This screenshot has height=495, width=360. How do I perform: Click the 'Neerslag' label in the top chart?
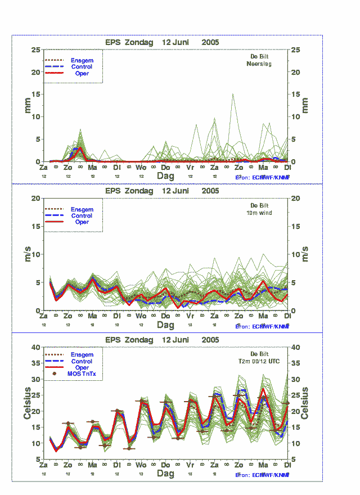pos(259,64)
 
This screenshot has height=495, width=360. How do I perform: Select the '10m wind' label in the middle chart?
pos(259,213)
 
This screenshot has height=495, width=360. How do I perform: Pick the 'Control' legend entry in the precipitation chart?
pos(82,67)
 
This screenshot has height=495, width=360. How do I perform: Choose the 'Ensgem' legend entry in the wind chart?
pos(82,209)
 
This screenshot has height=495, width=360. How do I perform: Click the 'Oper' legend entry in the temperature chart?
pos(82,368)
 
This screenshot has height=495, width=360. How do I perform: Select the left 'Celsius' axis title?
pos(27,403)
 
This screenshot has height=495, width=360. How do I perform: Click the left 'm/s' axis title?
pos(27,254)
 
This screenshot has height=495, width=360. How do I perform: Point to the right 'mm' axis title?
pos(305,105)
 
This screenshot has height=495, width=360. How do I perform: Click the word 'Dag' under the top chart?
pos(165,175)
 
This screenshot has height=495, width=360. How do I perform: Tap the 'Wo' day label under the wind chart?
pos(141,316)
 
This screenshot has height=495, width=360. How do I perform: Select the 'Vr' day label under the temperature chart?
pos(190,465)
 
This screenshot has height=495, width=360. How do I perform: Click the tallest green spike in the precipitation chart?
pos(233,94)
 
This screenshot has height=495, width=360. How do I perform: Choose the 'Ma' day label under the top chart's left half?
pos(92,168)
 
